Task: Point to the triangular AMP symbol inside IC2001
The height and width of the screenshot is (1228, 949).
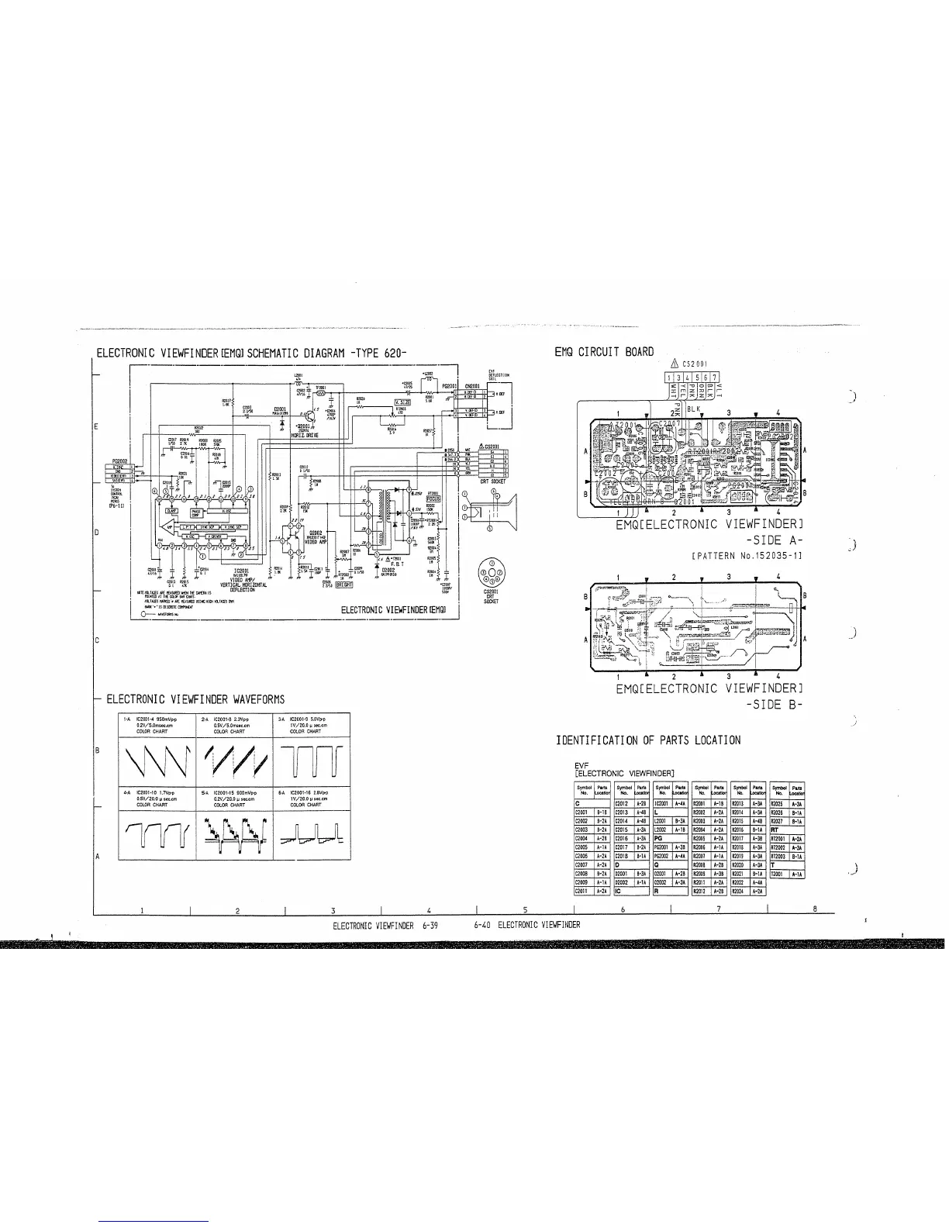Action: coord(170,526)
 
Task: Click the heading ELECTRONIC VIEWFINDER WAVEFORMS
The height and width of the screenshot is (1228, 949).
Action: coord(195,699)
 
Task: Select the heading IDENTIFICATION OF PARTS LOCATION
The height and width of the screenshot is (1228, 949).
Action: coord(648,740)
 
